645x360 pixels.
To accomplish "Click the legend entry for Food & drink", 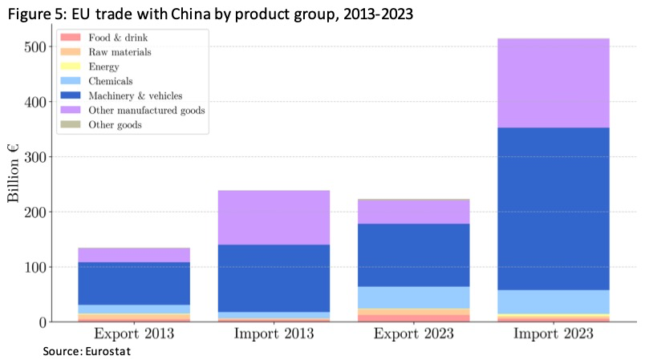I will [119, 38].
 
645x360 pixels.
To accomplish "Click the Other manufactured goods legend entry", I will [147, 110].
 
